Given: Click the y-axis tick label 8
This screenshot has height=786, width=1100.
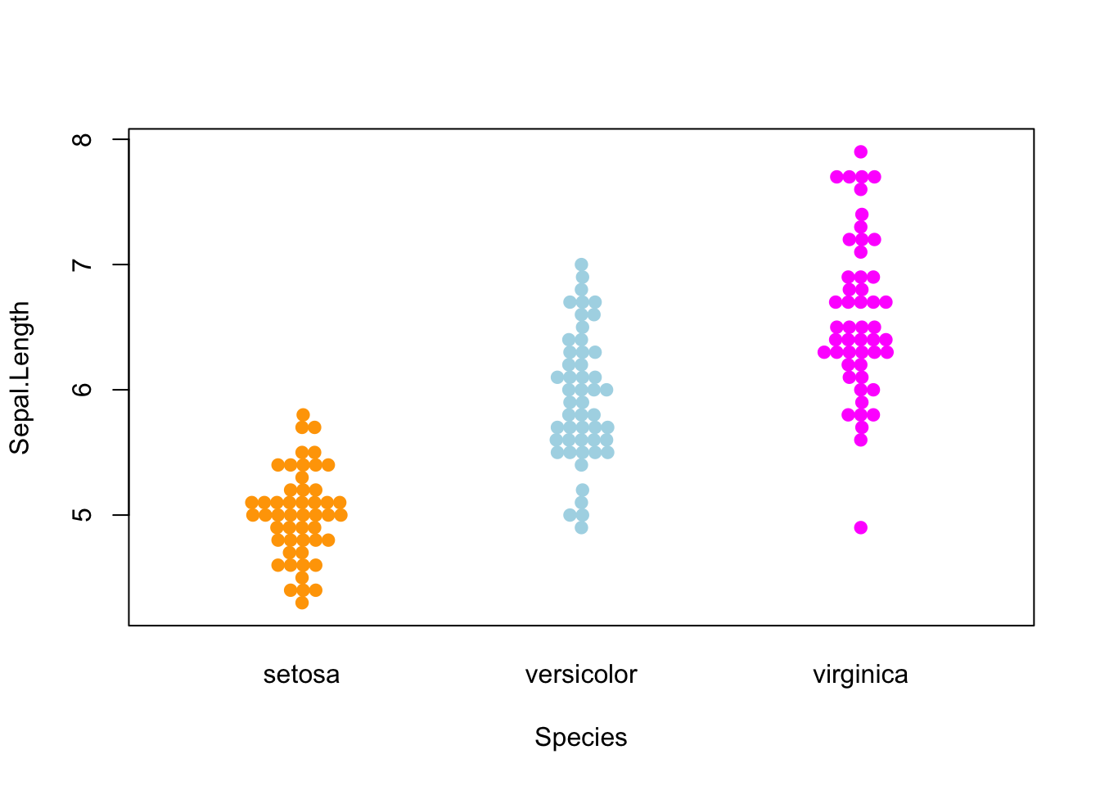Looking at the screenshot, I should pyautogui.click(x=83, y=139).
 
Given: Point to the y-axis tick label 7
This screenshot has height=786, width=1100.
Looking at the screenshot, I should pyautogui.click(x=83, y=264).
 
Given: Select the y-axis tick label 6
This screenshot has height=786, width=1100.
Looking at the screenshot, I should pyautogui.click(x=83, y=390).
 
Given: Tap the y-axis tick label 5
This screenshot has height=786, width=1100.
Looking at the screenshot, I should pyautogui.click(x=83, y=515).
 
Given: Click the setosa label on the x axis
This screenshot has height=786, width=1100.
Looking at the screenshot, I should pyautogui.click(x=301, y=675).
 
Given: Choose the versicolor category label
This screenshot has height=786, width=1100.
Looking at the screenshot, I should pyautogui.click(x=581, y=675).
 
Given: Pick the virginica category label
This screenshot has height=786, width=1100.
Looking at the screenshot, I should pyautogui.click(x=860, y=675).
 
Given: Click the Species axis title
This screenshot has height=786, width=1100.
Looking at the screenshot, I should pyautogui.click(x=581, y=737).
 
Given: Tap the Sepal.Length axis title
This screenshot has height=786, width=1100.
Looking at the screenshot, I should pyautogui.click(x=20, y=377).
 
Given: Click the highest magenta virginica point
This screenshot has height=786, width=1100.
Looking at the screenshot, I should pyautogui.click(x=861, y=151).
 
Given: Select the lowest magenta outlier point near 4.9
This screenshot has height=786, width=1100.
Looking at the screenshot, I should pyautogui.click(x=861, y=527).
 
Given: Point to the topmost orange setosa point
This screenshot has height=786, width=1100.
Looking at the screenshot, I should pyautogui.click(x=303, y=414).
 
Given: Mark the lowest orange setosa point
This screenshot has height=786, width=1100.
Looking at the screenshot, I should pyautogui.click(x=302, y=603).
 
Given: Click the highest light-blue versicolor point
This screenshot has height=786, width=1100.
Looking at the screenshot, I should pyautogui.click(x=581, y=264).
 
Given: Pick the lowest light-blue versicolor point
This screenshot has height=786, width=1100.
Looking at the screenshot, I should pyautogui.click(x=581, y=527).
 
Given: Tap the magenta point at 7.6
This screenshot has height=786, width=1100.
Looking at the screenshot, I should pyautogui.click(x=861, y=189).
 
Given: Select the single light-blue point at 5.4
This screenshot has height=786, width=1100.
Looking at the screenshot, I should pyautogui.click(x=581, y=465).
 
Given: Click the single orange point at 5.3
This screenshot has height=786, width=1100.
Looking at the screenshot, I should pyautogui.click(x=302, y=477).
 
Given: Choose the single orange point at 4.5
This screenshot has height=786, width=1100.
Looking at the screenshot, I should pyautogui.click(x=302, y=577).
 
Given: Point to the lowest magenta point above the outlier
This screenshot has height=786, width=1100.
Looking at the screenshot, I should pyautogui.click(x=861, y=440).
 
